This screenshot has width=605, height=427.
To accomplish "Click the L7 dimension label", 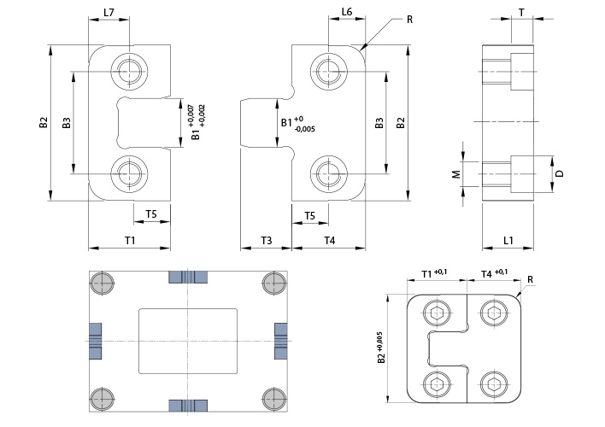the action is click(109, 12).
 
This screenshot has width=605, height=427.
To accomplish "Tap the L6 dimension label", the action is click(347, 12).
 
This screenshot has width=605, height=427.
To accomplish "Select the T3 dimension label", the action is click(267, 241).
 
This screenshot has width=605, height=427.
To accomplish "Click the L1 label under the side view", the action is click(508, 241).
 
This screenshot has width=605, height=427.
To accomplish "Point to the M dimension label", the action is click(456, 174).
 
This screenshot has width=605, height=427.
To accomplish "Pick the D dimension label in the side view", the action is click(560, 173).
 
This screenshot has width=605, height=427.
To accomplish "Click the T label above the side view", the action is click(521, 13).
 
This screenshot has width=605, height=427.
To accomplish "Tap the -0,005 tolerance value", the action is click(304, 129).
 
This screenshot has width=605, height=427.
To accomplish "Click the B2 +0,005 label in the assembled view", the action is click(381, 348).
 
